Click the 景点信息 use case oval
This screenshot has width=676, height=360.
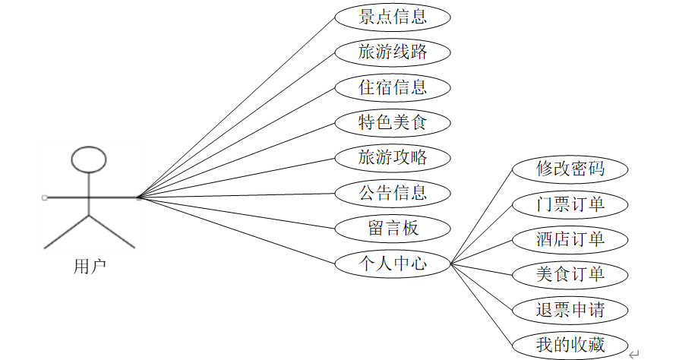pyautogui.click(x=393, y=16)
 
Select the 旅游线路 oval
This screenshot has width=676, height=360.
pyautogui.click(x=393, y=52)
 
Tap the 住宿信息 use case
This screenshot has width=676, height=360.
pyautogui.click(x=393, y=87)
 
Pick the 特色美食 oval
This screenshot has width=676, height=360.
pyautogui.click(x=393, y=122)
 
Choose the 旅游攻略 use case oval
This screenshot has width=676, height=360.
pyautogui.click(x=393, y=158)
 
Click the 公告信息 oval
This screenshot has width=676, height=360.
pyautogui.click(x=393, y=193)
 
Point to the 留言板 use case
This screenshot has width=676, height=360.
pyautogui.click(x=393, y=228)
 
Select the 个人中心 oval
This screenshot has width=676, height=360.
pyautogui.click(x=393, y=264)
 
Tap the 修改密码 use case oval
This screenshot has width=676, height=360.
pyautogui.click(x=570, y=169)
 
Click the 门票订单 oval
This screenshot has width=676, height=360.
pyautogui.click(x=570, y=204)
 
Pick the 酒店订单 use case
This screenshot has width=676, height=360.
pyautogui.click(x=570, y=239)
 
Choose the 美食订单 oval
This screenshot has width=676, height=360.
pyautogui.click(x=570, y=274)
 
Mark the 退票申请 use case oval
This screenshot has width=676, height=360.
pyautogui.click(x=570, y=309)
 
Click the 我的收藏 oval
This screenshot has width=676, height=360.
pyautogui.click(x=570, y=344)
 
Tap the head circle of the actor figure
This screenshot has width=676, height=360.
pyautogui.click(x=89, y=159)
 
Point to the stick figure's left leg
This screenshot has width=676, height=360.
pyautogui.click(x=67, y=232)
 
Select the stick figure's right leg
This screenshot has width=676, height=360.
pyautogui.click(x=112, y=232)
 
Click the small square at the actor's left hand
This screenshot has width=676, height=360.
pyautogui.click(x=45, y=197)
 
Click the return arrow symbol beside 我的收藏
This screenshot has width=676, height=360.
pyautogui.click(x=635, y=352)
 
